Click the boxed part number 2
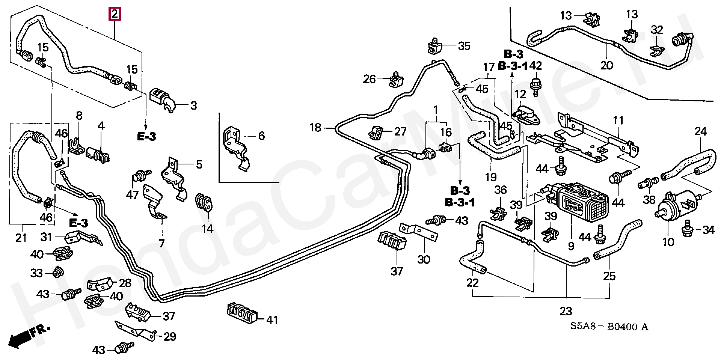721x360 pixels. pyautogui.click(x=115, y=14)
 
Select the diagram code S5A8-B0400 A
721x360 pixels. pyautogui.click(x=609, y=327)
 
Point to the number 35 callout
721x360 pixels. pyautogui.click(x=464, y=46)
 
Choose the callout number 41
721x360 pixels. pyautogui.click(x=272, y=320)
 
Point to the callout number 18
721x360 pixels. pyautogui.click(x=315, y=128)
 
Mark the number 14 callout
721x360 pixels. pyautogui.click(x=208, y=228)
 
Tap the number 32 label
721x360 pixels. pyautogui.click(x=657, y=30)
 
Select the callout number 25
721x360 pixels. pyautogui.click(x=609, y=276)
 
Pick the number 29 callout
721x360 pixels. pyautogui.click(x=170, y=336)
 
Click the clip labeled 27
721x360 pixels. pyautogui.click(x=377, y=132)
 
